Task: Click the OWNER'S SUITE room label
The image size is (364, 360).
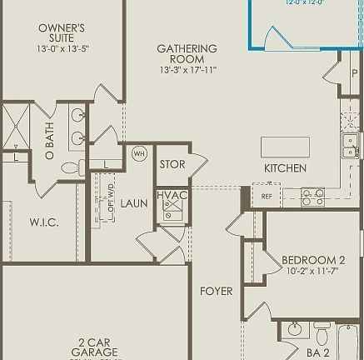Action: [62, 33]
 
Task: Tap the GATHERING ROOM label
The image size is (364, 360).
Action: [187, 54]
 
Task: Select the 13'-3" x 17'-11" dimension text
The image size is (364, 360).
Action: [187, 70]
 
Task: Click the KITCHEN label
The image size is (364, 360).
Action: [285, 168]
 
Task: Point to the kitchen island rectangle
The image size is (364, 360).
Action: [285, 147]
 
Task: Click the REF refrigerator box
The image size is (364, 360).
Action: [267, 197]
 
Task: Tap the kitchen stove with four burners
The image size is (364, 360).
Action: [312, 197]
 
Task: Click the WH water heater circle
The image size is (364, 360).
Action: [139, 153]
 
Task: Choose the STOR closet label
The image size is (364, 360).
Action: [172, 164]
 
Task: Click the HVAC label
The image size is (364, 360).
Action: [172, 195]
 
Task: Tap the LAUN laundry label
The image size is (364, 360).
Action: [133, 202]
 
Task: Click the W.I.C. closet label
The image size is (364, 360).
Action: [43, 222]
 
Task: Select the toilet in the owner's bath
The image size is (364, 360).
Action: [72, 167]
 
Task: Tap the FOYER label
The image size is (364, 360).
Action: [216, 291]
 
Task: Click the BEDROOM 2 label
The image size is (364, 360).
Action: [313, 260]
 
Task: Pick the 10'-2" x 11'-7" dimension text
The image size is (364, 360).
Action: [313, 272]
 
